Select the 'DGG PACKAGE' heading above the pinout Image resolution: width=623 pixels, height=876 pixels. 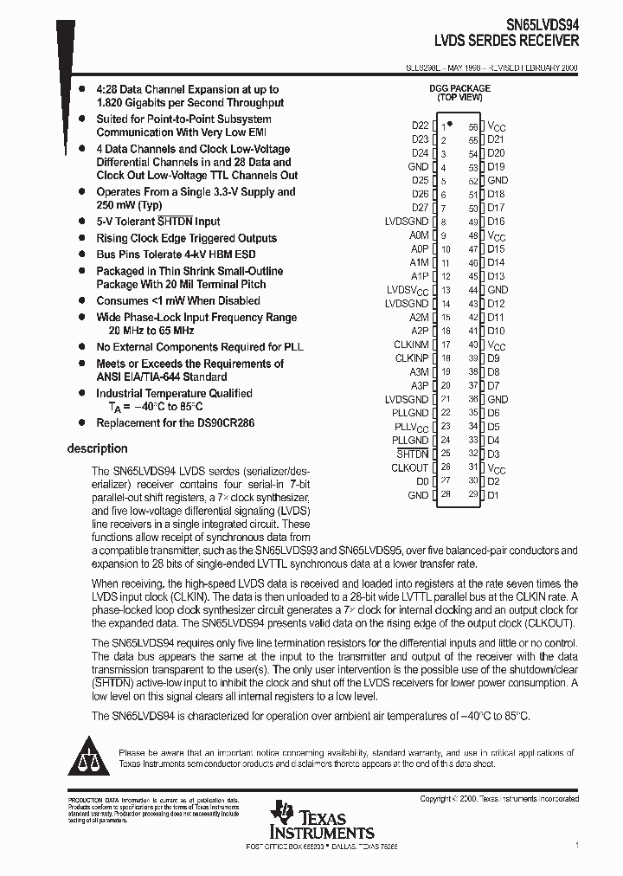click(x=459, y=88)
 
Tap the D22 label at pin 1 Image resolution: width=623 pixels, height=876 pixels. click(x=420, y=126)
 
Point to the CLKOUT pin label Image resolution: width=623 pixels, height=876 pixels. click(x=409, y=467)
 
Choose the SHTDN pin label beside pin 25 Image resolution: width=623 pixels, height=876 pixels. click(x=412, y=454)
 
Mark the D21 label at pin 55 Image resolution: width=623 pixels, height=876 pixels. click(x=496, y=139)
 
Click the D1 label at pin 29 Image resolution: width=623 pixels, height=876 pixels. click(x=493, y=495)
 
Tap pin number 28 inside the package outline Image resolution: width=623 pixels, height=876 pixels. click(x=445, y=495)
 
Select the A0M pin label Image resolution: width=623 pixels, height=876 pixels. click(x=419, y=235)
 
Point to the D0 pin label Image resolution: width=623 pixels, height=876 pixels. click(x=421, y=481)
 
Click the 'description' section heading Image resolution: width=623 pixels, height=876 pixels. click(x=97, y=448)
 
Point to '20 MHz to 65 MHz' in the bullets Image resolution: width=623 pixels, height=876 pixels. click(x=151, y=331)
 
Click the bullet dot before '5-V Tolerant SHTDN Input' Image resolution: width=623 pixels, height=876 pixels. click(x=81, y=222)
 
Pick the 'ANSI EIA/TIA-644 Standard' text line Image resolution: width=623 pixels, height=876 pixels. click(x=162, y=377)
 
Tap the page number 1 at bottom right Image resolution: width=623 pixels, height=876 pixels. click(x=576, y=844)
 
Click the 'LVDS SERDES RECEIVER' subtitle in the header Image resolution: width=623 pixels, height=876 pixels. click(x=507, y=41)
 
